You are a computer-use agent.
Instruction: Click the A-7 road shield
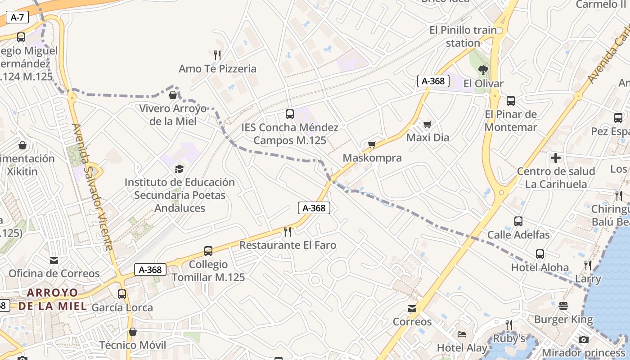coord(17,18)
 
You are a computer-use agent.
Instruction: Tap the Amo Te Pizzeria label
coord(217,69)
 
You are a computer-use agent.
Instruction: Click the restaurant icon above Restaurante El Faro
coord(288,232)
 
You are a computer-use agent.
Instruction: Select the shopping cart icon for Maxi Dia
coord(427,124)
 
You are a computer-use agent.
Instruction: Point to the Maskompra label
coord(372,158)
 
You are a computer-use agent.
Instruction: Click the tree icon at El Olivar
coord(483,70)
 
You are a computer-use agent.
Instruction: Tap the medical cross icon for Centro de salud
coord(556,158)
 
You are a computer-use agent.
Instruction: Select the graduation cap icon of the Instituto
coord(180,169)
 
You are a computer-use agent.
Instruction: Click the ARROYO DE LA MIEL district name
coord(52,299)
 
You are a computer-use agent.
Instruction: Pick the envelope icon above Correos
coord(412,309)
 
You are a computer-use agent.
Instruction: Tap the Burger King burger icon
coord(563,306)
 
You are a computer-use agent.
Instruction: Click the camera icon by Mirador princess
coord(584,339)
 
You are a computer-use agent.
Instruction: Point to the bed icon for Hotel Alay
coord(462,334)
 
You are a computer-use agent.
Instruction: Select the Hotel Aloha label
coord(540,267)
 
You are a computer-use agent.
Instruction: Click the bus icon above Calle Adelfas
coord(518,221)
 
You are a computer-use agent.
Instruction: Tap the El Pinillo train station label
coord(463,36)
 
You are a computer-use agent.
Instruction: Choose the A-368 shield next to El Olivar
coord(433,81)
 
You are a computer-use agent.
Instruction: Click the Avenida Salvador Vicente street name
coord(92,187)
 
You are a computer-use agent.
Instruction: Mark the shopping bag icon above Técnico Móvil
coord(133,332)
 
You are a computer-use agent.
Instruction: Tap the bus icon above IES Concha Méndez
coord(290,114)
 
